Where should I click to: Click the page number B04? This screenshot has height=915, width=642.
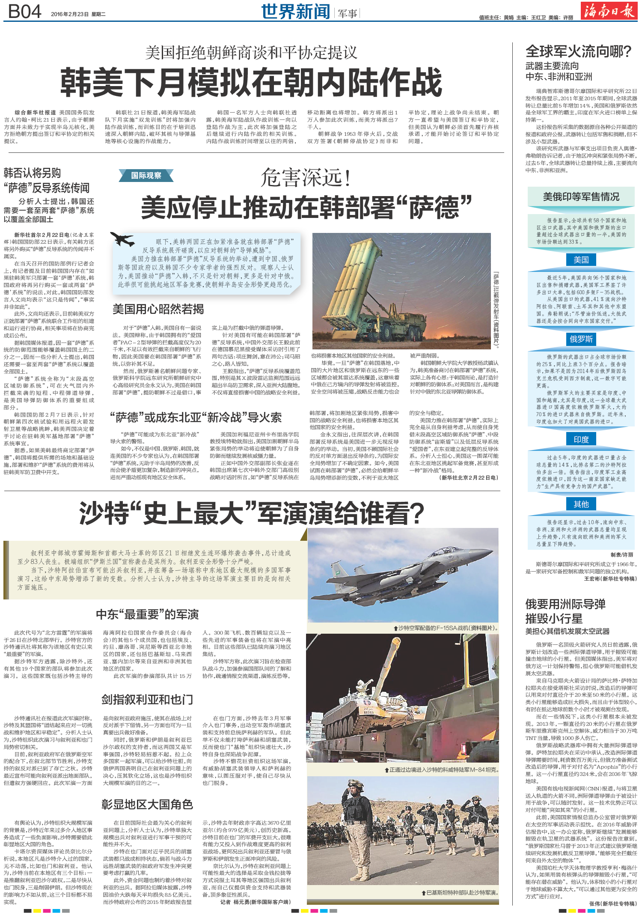click(24, 12)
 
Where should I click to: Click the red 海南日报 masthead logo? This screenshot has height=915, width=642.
click(608, 11)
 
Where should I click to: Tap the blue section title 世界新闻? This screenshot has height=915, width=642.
click(295, 12)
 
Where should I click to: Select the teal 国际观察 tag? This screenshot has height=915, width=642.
click(146, 175)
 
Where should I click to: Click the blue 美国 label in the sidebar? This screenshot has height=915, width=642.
click(581, 260)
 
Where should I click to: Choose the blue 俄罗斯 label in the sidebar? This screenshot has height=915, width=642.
click(581, 339)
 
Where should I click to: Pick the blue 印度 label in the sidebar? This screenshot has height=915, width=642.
click(581, 440)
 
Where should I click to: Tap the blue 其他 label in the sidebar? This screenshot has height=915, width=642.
click(581, 504)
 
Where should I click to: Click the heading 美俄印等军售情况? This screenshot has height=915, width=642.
click(581, 197)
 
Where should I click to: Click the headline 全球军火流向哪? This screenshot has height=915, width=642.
click(578, 51)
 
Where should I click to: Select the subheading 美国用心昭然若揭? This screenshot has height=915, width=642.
click(158, 309)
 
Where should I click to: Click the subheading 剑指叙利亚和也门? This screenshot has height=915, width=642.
click(147, 700)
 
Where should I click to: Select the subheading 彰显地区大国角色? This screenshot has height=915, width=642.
click(147, 805)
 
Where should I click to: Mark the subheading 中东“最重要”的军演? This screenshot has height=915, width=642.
click(147, 614)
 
